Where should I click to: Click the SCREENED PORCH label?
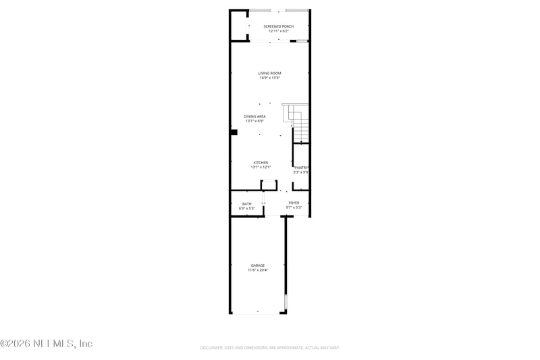pyautogui.click(x=269, y=26)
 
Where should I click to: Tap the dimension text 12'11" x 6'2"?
pyautogui.click(x=269, y=31)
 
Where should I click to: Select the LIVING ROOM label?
pyautogui.click(x=269, y=73)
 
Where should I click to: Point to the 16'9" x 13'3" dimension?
pyautogui.click(x=269, y=78)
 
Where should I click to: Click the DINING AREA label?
pyautogui.click(x=254, y=116)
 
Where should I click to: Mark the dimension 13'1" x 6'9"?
pyautogui.click(x=254, y=121)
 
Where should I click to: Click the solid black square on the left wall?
pyautogui.click(x=234, y=132)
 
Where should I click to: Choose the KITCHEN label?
pyautogui.click(x=261, y=162)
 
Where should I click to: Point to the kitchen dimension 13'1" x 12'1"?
pyautogui.click(x=261, y=167)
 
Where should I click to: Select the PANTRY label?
pyautogui.click(x=301, y=167)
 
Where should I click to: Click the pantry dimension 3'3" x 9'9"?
pyautogui.click(x=301, y=172)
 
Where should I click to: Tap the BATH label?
pyautogui.click(x=247, y=203)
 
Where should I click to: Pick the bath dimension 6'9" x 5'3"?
pyautogui.click(x=247, y=208)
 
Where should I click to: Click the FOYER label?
pyautogui.click(x=294, y=203)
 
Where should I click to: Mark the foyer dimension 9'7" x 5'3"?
pyautogui.click(x=294, y=207)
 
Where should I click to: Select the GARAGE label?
pyautogui.click(x=258, y=265)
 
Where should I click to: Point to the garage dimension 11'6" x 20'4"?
pyautogui.click(x=258, y=270)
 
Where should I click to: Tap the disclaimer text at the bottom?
pyautogui.click(x=269, y=348)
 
